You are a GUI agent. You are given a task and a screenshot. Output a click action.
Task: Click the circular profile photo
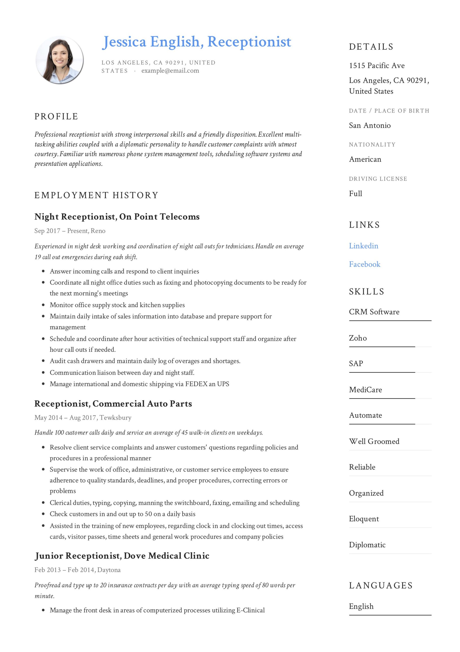60,60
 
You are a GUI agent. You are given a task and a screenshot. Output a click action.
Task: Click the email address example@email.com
170,71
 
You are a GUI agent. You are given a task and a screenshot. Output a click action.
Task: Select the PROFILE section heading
56,116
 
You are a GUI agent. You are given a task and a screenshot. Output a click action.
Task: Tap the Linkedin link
363,246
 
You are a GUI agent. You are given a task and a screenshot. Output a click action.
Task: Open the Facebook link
364,264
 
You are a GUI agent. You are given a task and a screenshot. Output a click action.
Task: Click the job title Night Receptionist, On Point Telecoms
117,217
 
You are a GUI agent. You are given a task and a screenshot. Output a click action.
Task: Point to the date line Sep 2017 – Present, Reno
70,231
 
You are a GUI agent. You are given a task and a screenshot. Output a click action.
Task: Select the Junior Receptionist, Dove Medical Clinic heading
122,556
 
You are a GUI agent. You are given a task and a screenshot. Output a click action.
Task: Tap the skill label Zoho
358,338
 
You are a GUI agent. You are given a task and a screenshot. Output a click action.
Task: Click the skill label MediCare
365,390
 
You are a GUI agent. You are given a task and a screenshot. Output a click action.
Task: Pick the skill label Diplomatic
367,545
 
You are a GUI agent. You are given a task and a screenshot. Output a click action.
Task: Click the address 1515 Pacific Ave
377,66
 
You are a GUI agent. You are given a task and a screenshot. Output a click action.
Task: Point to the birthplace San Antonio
369,126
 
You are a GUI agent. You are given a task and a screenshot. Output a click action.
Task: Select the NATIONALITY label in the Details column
372,145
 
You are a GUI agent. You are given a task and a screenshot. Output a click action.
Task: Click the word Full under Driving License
355,194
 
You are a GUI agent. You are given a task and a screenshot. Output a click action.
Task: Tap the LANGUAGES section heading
381,586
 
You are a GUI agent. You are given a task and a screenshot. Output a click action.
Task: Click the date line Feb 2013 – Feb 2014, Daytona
77,570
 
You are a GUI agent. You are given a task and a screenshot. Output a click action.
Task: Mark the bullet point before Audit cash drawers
43,361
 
